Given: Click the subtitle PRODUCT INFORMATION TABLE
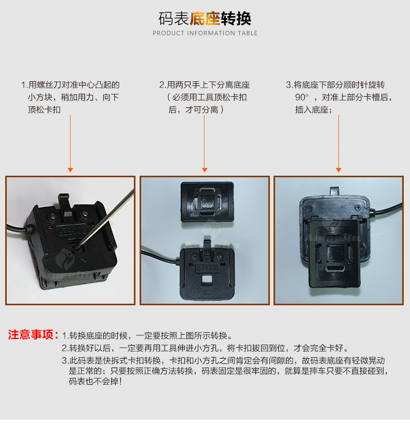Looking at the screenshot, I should point(205,33).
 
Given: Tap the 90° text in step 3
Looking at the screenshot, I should point(302,97).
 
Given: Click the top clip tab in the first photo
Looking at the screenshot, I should point(64,200).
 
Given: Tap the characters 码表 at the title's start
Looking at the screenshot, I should point(174,19).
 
